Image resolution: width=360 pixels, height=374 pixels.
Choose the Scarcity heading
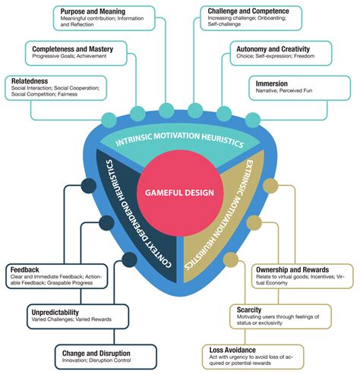250,310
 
